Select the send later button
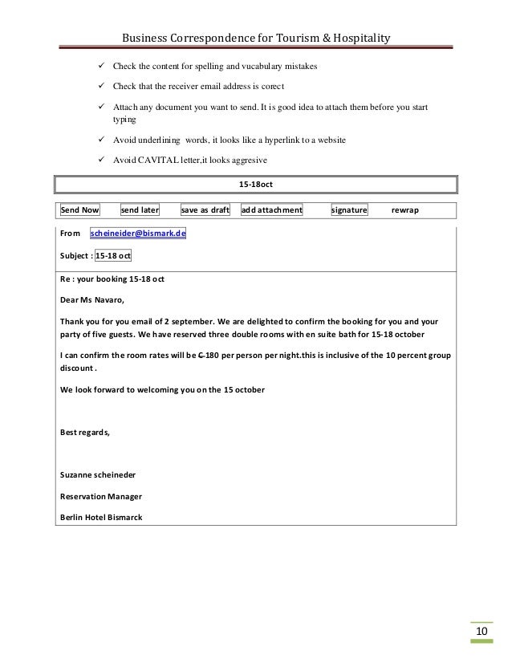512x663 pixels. pos(140,210)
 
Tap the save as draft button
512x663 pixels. pos(205,210)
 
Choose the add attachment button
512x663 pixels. pos(272,210)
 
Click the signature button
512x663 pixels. pos(349,210)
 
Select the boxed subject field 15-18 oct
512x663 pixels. pos(114,256)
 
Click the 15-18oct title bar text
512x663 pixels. pos(256,185)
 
